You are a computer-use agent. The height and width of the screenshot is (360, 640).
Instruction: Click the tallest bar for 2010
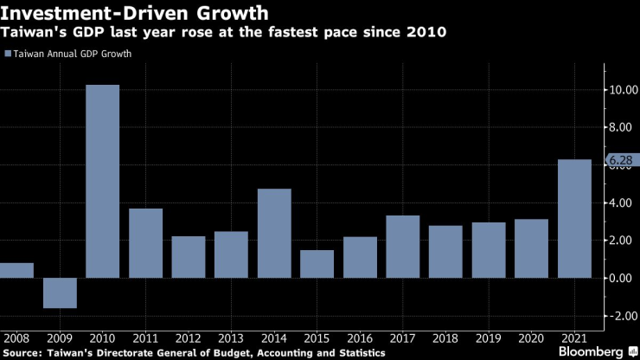click(x=102, y=181)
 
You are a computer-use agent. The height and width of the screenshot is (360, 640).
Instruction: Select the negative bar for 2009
click(x=60, y=292)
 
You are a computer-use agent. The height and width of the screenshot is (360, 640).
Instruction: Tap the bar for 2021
click(x=574, y=218)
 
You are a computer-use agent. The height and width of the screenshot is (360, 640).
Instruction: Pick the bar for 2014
click(x=274, y=233)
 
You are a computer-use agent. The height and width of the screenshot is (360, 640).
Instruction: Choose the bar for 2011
click(x=145, y=243)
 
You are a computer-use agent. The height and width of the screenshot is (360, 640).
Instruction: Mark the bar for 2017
click(x=403, y=247)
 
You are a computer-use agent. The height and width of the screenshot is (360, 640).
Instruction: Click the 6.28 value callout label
click(x=620, y=160)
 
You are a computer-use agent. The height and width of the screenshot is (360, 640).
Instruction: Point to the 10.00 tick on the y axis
click(x=620, y=89)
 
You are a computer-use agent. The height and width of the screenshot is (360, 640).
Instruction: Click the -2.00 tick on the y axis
click(x=620, y=316)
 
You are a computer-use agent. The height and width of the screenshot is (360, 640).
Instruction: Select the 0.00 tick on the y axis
click(x=622, y=278)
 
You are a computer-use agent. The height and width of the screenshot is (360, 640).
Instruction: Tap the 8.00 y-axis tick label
click(x=622, y=127)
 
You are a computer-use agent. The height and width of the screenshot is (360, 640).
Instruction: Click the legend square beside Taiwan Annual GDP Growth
click(x=8, y=54)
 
